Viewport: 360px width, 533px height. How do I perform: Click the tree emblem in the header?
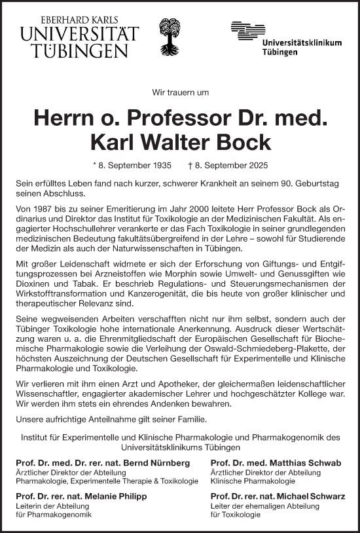172,37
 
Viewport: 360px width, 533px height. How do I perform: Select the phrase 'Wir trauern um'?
179,93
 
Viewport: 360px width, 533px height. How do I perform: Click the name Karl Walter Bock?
180,141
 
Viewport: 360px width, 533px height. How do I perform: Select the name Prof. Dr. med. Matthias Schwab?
276,463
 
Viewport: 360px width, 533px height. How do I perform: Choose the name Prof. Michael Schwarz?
278,497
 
